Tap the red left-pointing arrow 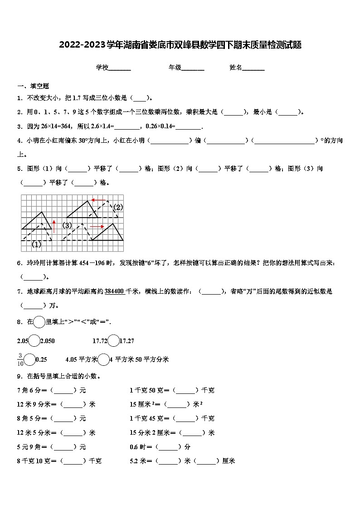coord(98,200)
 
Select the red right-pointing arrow coord(97,226)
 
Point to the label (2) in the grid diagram coord(118,208)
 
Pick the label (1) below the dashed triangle coord(36,244)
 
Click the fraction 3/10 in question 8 coord(20,359)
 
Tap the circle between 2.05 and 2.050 coord(34,341)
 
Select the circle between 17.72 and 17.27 coord(113,341)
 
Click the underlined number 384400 coord(115,291)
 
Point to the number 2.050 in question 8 coord(48,341)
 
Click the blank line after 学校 coord(120,68)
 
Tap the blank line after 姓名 coord(253,68)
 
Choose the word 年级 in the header coord(175,68)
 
